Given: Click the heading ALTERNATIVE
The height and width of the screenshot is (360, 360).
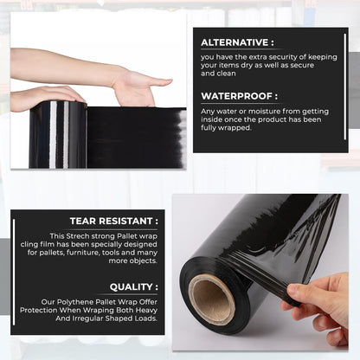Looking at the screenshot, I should click(237, 42).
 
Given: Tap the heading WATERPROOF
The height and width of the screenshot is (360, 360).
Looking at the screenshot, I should click(239, 96).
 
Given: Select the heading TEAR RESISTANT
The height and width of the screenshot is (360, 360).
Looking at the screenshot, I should click(113, 222).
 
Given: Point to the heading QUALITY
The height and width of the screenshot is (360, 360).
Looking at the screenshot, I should click(133, 286).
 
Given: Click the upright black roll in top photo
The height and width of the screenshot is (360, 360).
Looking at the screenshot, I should click(57, 134).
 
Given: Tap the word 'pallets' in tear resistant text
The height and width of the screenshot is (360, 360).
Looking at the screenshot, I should click(64, 252).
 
